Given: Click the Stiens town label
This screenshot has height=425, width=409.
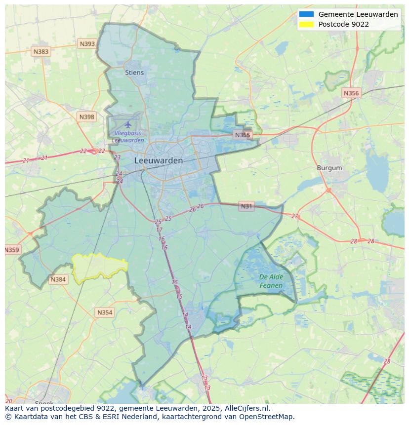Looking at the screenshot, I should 134,73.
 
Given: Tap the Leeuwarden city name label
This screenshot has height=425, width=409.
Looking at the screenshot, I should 159,160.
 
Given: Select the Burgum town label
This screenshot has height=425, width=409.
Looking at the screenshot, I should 329,168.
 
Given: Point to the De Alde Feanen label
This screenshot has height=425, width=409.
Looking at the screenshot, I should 271,281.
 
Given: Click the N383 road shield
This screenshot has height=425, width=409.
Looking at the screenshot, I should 41,51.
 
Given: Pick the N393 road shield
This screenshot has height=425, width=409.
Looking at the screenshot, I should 87,44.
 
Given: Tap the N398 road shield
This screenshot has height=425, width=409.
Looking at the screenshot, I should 86,117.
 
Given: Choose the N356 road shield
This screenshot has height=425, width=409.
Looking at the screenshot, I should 351,93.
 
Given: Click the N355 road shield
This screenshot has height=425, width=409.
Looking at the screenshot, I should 243,135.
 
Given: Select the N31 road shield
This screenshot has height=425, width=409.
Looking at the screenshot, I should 246,206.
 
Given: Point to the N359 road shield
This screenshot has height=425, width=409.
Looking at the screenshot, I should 12,250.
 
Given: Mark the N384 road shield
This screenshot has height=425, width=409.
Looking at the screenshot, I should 58,279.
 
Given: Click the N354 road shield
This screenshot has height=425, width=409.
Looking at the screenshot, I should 105,312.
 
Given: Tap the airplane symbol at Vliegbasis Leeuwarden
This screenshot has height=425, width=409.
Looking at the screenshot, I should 128,124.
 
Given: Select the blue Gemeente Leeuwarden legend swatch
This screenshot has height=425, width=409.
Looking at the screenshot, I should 306,14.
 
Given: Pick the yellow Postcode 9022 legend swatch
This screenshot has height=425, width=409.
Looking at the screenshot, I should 306,24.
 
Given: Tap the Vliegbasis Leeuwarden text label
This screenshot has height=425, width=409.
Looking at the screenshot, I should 128,137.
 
